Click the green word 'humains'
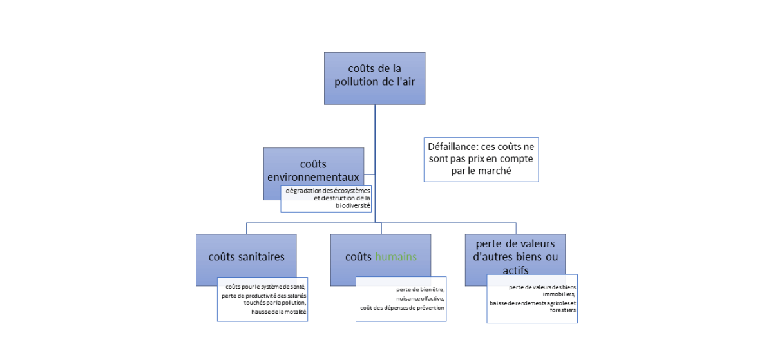(396, 256)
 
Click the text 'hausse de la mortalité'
(279, 312)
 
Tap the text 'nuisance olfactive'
(421, 298)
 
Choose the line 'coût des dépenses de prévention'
(402, 307)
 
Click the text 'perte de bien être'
(420, 289)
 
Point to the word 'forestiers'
(561, 310)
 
